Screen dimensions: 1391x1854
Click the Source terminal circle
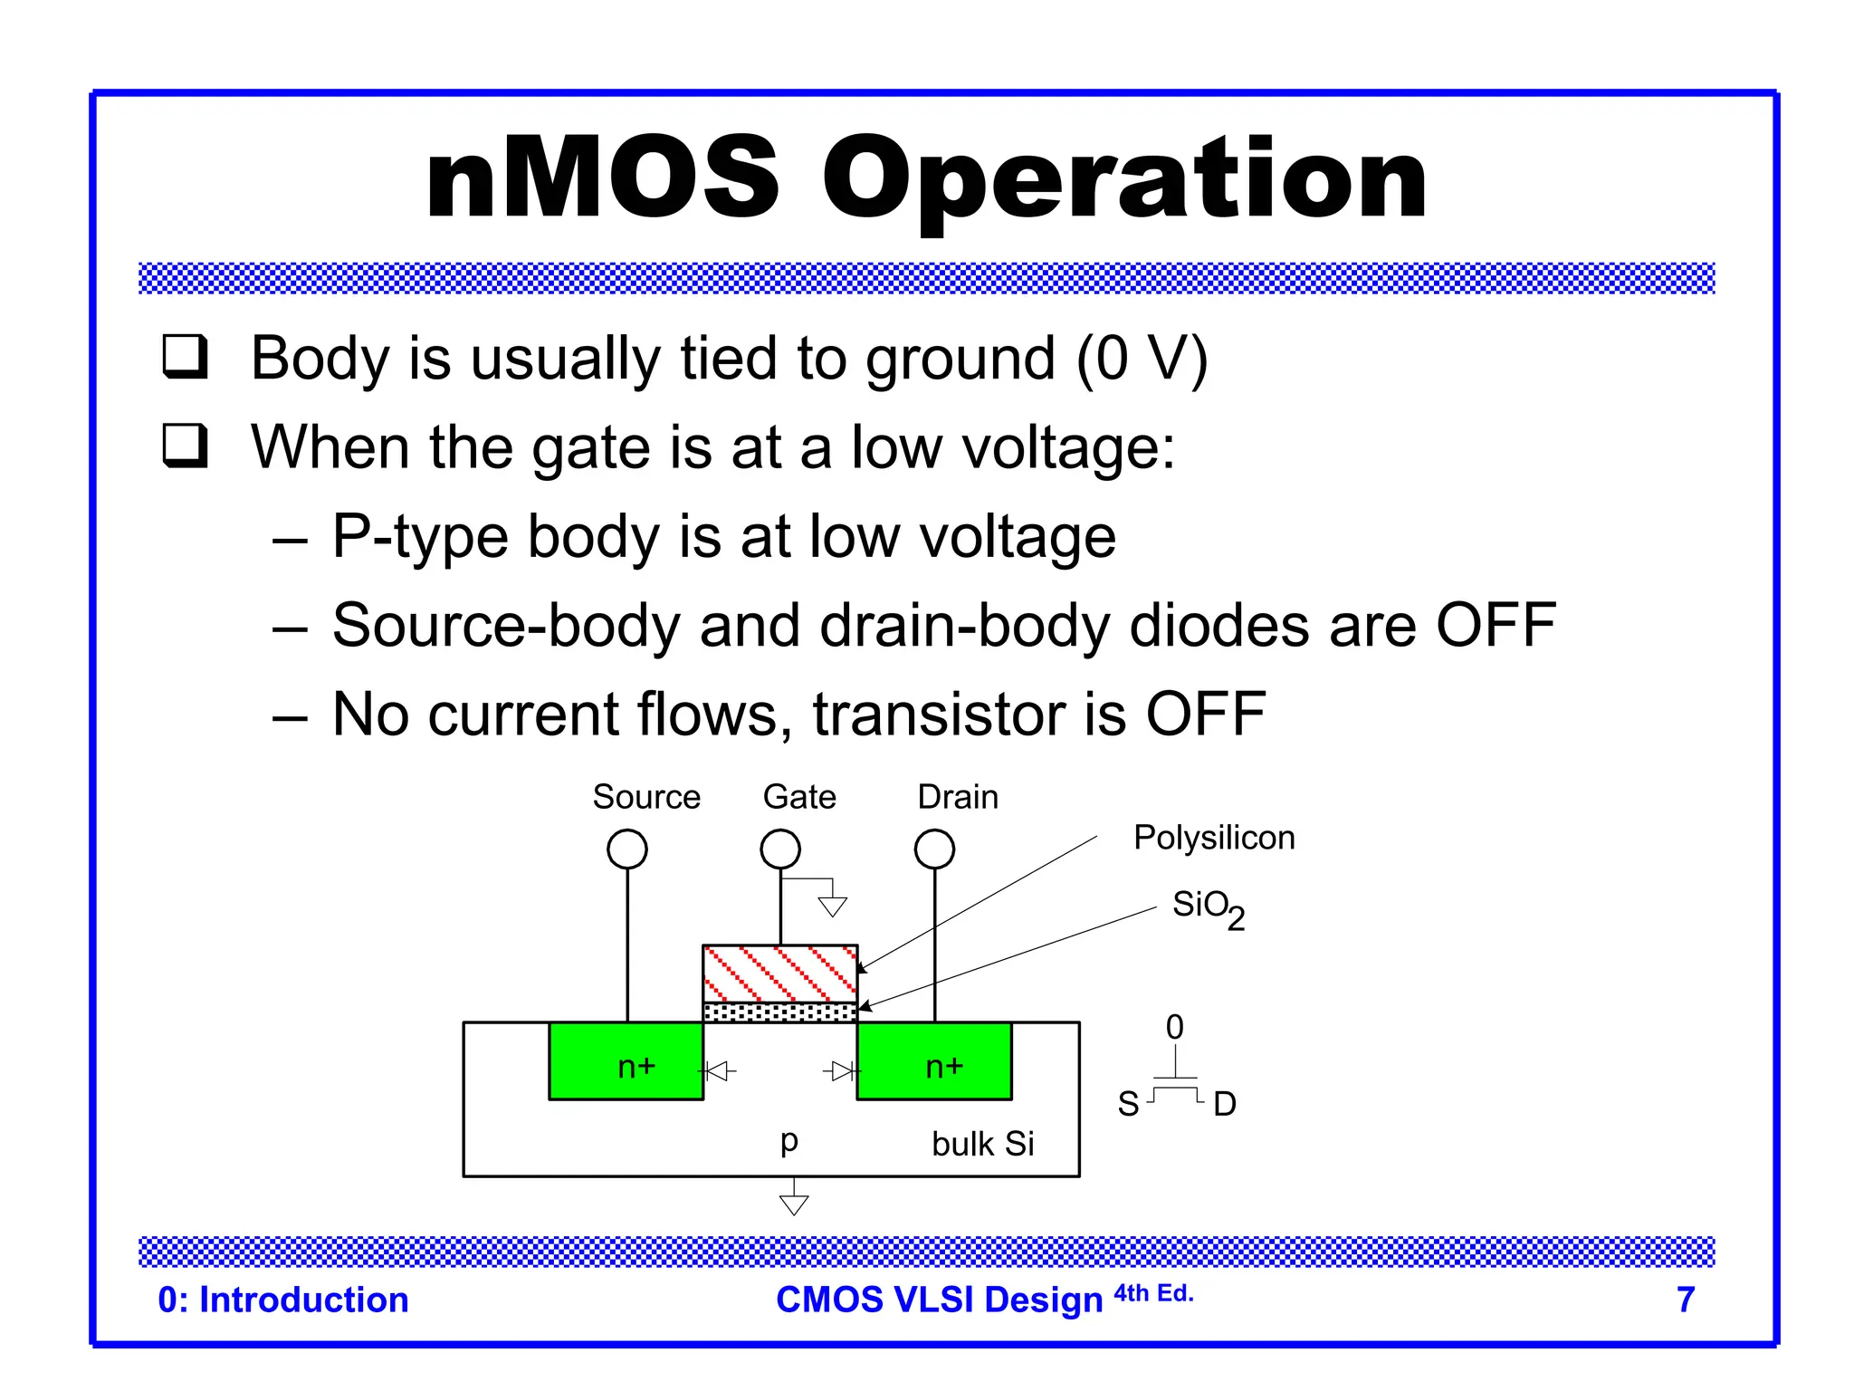click(x=627, y=849)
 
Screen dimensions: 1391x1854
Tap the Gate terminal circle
click(x=780, y=849)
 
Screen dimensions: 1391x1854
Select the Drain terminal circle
click(x=934, y=849)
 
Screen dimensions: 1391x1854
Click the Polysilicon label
click(x=1214, y=838)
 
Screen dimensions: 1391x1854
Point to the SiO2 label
click(x=1208, y=907)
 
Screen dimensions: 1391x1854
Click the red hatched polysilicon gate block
click(x=779, y=974)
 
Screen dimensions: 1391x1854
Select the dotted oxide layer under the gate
click(x=779, y=1012)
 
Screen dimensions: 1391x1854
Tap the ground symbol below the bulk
click(x=794, y=1204)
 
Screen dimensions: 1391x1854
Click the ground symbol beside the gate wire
click(x=832, y=906)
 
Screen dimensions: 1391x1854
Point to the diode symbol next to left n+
click(x=719, y=1072)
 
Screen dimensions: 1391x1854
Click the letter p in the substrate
click(x=788, y=1141)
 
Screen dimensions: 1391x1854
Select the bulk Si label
click(x=982, y=1144)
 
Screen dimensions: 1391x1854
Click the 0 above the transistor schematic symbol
click(x=1174, y=1027)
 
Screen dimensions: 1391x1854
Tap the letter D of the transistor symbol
click(x=1224, y=1104)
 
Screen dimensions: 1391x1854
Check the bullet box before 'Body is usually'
click(x=186, y=357)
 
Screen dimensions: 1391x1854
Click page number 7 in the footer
click(x=1685, y=1300)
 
